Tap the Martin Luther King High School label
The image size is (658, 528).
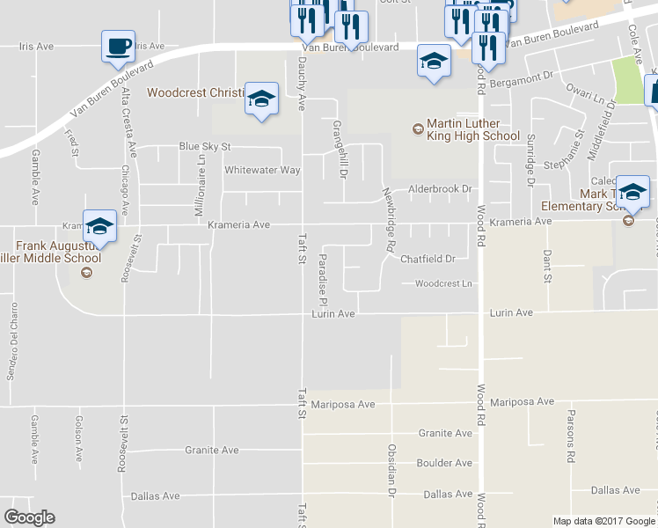coord(472,130)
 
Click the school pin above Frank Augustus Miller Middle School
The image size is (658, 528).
coord(99,226)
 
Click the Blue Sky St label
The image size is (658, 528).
coord(204,146)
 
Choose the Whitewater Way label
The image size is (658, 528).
coord(262,170)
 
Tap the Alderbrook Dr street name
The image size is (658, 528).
coord(440,189)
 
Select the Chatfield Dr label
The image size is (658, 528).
coord(428,259)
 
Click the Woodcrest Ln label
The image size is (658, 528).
coord(443,283)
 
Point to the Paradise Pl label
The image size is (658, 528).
coord(323,274)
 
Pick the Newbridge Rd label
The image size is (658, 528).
coord(387,219)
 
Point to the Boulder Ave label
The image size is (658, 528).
coord(445,463)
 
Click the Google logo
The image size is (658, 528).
coord(30,517)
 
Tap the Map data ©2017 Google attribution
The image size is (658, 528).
coord(604,521)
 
